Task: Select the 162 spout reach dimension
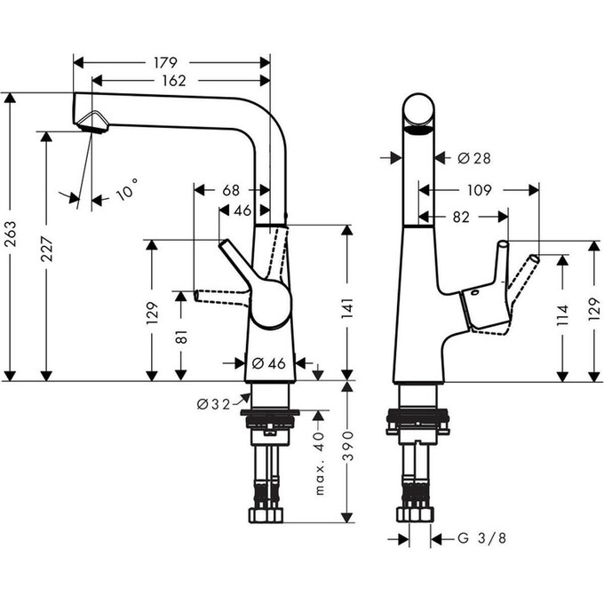click(174, 81)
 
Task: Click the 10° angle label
click(127, 190)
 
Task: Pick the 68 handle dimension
click(231, 190)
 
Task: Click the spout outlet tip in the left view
click(91, 123)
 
